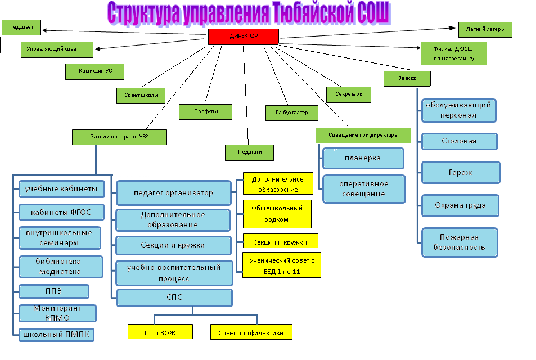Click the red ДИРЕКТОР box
tap(244, 37)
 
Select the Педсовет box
tap(21, 27)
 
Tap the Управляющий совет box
tap(57, 49)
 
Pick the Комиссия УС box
tap(94, 71)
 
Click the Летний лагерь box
tap(485, 29)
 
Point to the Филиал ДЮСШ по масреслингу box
tap(453, 53)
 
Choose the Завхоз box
tap(407, 78)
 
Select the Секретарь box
tap(349, 94)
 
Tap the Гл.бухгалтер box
tap(291, 112)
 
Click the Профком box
tap(205, 111)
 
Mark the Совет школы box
tap(141, 95)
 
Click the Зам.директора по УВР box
tap(119, 137)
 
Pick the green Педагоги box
tap(249, 152)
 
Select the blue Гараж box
tap(460, 173)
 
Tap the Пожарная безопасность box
tap(460, 242)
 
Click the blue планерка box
tap(363, 159)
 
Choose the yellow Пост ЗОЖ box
tap(160, 332)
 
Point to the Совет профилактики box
tap(251, 332)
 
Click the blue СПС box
tap(174, 297)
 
